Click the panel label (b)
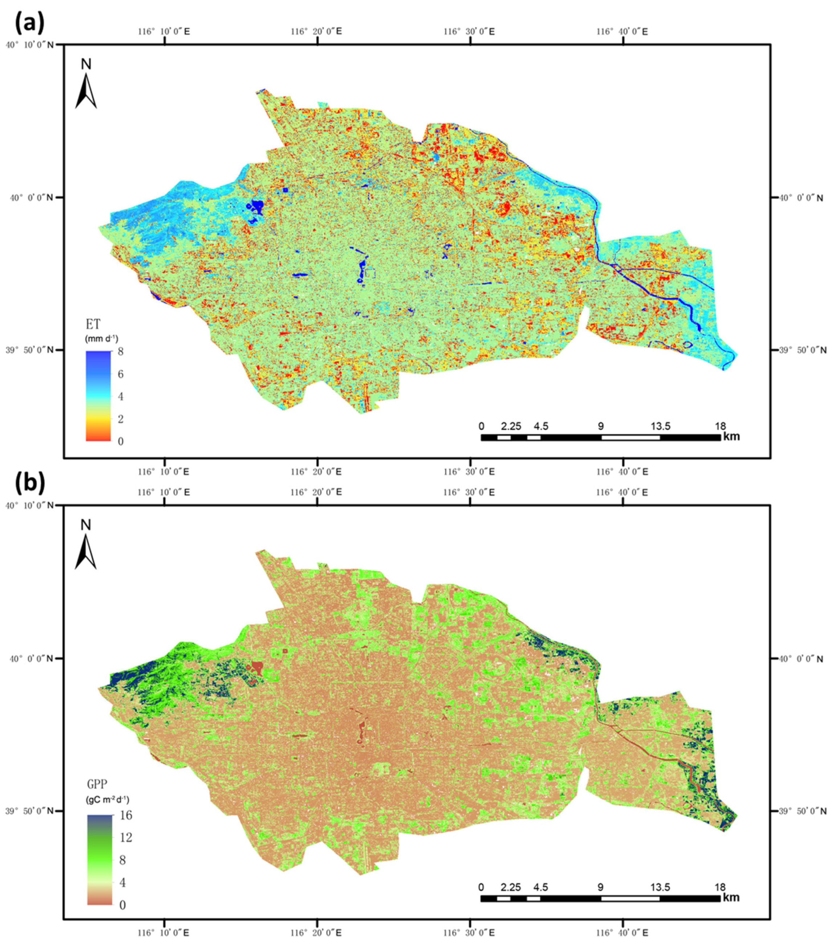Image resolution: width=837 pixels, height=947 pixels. click(x=30, y=484)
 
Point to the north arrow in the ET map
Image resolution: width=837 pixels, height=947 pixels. click(x=86, y=86)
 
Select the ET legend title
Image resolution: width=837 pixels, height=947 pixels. click(x=93, y=324)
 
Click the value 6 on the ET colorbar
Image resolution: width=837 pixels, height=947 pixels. click(x=121, y=374)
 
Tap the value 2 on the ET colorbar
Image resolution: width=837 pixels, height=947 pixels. click(x=121, y=419)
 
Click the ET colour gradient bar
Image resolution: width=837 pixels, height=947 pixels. click(x=98, y=396)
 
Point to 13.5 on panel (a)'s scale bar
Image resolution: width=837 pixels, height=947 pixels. click(x=660, y=426)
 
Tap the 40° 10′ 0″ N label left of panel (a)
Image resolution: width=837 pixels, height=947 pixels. click(x=29, y=45)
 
